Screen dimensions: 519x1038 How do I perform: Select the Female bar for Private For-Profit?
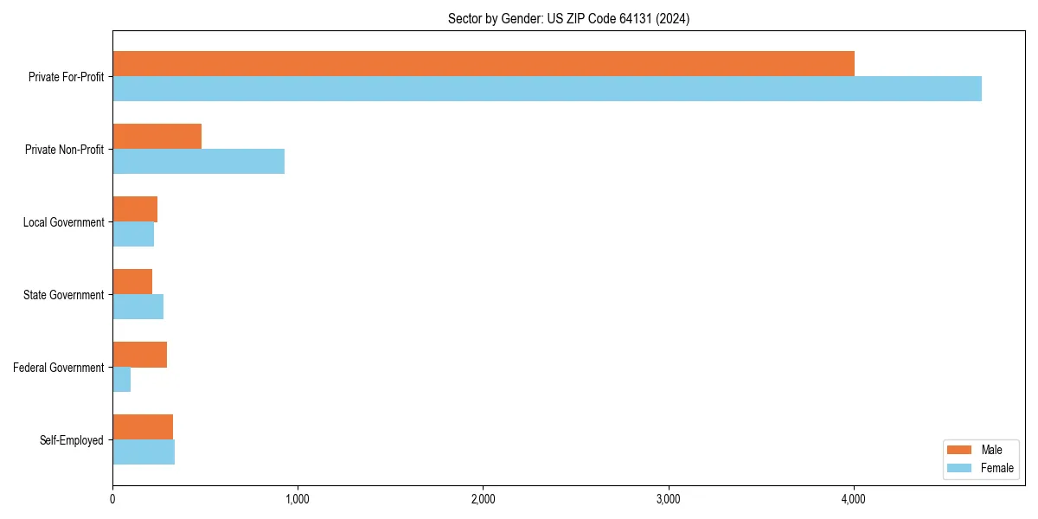[547, 88]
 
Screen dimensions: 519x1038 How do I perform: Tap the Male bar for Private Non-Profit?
[157, 137]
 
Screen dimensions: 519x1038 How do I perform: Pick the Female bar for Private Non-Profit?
[198, 161]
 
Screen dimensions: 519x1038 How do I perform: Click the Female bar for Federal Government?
[121, 379]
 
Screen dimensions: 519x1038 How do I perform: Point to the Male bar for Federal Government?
[139, 355]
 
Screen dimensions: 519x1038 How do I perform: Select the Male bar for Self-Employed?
[143, 427]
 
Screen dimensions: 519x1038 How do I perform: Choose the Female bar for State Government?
[138, 306]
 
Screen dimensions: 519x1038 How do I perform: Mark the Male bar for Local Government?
[135, 209]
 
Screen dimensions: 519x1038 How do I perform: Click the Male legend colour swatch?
[959, 450]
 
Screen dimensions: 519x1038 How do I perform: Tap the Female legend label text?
[996, 468]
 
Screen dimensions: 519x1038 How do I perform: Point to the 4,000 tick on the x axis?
[854, 499]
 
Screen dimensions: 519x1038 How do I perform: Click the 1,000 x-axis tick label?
[298, 499]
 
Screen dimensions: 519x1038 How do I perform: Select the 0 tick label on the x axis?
[112, 499]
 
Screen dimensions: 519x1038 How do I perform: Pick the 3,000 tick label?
[669, 499]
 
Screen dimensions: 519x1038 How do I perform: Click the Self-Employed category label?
[71, 440]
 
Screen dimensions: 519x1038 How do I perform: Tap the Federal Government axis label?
[58, 368]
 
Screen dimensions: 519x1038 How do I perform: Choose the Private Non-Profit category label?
[64, 150]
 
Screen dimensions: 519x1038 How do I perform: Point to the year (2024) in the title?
[672, 18]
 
